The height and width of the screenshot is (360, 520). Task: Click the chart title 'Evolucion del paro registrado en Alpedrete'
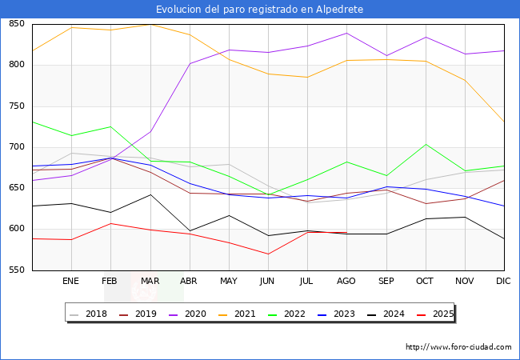pos(260,10)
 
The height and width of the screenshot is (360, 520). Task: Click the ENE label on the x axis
pos(71,282)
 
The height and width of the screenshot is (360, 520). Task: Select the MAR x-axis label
pos(150,282)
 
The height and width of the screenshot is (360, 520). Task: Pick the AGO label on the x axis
pos(346,282)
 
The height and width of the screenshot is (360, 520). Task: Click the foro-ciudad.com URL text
pos(458,347)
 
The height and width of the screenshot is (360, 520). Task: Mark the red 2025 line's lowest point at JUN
pos(268,254)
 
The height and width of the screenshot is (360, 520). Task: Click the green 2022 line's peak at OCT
pos(426,144)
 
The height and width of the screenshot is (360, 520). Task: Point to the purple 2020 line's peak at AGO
pos(346,33)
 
